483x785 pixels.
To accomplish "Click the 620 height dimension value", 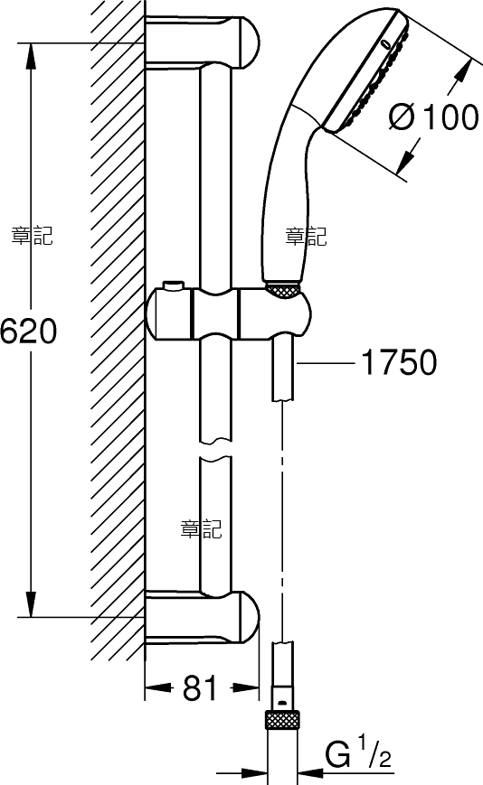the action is [x=29, y=332].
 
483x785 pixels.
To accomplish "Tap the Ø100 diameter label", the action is [x=434, y=117].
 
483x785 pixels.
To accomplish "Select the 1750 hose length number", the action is [x=399, y=362].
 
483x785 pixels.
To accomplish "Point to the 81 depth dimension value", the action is [x=199, y=688].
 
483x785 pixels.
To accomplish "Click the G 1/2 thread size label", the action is [x=358, y=755].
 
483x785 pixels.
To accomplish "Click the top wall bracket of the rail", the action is [x=203, y=42].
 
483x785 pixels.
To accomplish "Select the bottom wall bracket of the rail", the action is [x=203, y=617].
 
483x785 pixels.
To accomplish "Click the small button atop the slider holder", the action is [x=174, y=285].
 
